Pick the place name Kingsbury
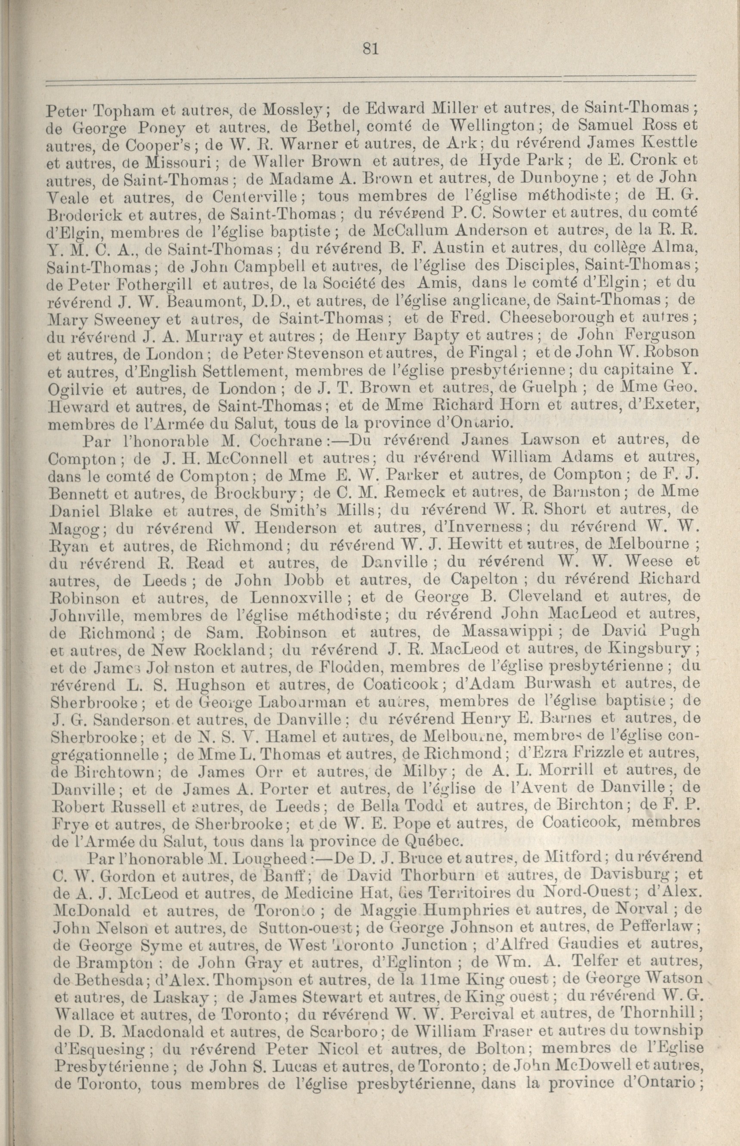coord(649,649)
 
